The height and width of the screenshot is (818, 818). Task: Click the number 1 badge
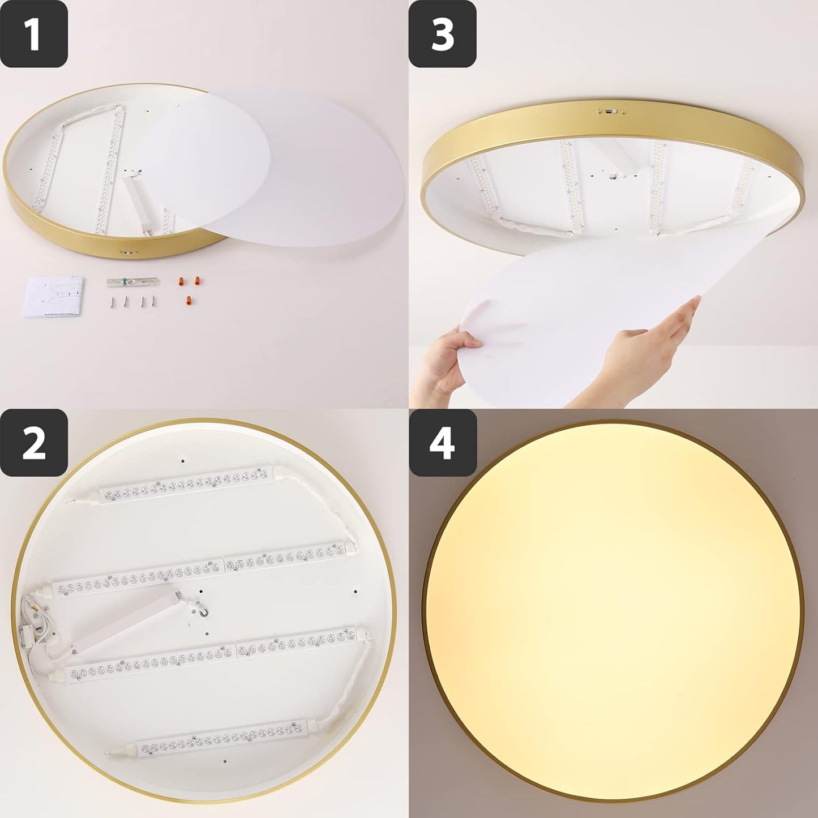34,34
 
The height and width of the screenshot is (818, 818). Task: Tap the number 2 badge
34,442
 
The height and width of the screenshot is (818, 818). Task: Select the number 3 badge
443,34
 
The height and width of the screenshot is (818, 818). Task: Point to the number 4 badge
443,442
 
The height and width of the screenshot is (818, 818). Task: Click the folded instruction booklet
55,297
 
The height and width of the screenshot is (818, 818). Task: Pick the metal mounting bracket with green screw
132,281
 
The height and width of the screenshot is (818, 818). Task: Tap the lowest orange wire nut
187,301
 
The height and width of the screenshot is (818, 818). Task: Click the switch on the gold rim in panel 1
127,252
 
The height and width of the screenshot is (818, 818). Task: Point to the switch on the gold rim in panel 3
610,111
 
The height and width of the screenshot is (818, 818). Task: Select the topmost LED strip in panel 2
187,484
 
